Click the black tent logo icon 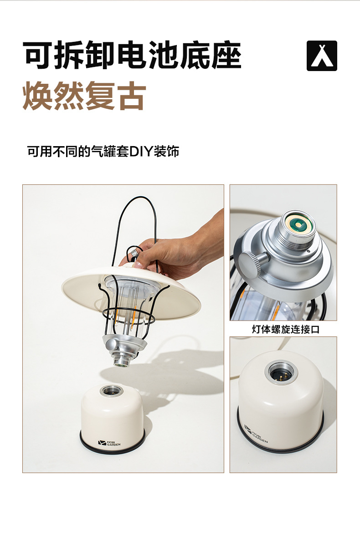point(322,56)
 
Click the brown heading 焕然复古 point(84,96)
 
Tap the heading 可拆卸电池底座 point(132,56)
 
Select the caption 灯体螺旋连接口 point(286,329)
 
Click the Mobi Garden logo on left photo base point(109,443)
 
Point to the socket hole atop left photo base point(109,390)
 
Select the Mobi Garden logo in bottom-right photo point(255,435)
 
